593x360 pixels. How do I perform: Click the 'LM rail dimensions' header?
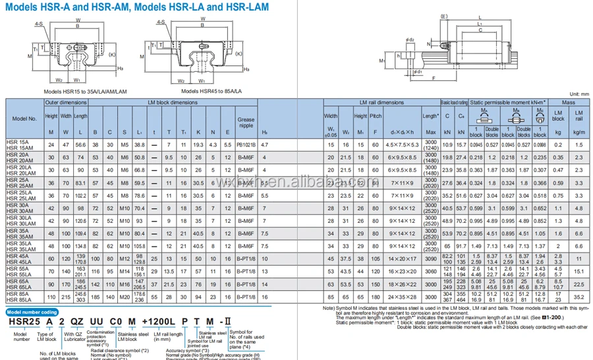(x=381, y=103)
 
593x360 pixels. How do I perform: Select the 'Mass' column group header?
(x=567, y=103)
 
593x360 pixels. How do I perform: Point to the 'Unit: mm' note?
(x=577, y=95)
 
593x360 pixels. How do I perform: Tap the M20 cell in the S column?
(x=122, y=297)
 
